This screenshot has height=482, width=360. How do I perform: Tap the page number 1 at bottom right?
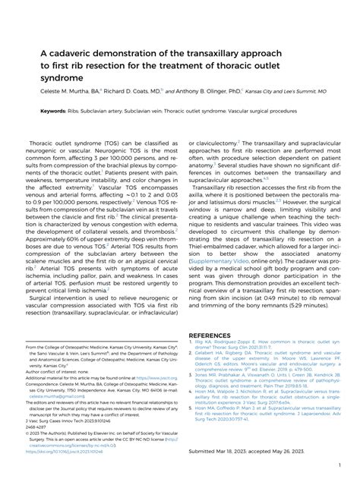tap(337, 465)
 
